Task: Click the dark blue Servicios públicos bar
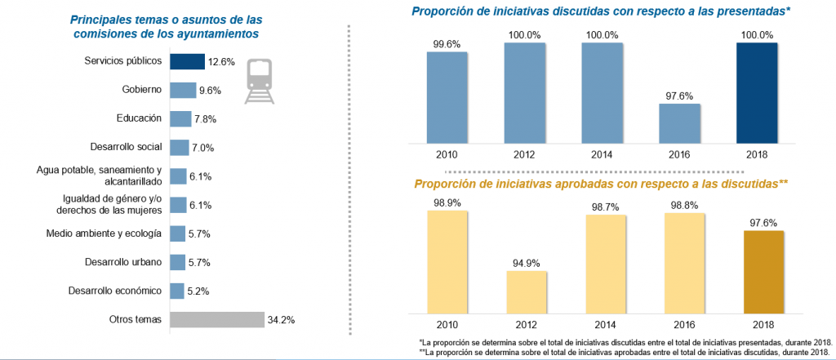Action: click(187, 61)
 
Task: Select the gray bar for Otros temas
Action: click(217, 319)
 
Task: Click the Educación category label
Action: click(140, 118)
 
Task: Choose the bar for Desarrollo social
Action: click(179, 147)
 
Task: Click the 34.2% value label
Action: click(281, 319)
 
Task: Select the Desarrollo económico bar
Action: click(177, 291)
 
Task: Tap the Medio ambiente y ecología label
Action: click(115, 233)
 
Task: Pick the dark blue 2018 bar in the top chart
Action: click(757, 91)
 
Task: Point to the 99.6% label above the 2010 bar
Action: click(447, 44)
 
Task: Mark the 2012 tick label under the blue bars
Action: click(525, 153)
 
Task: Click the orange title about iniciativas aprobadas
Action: click(601, 184)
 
